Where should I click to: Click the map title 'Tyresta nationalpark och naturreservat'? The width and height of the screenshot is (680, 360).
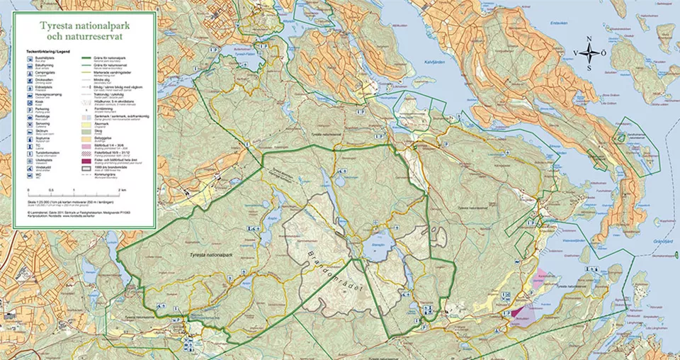point(85,32)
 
